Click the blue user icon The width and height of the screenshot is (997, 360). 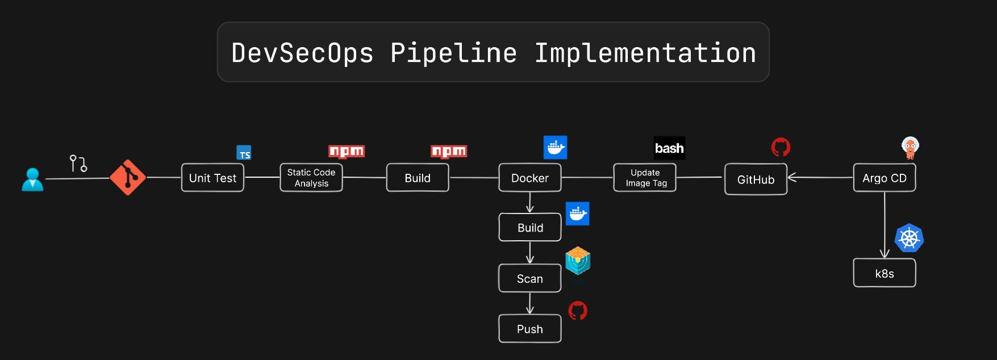pos(32,179)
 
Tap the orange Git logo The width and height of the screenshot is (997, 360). pos(128,177)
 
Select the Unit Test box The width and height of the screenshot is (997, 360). pos(212,178)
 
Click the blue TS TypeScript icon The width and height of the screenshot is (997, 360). pos(244,153)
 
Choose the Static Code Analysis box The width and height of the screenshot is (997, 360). pos(311,178)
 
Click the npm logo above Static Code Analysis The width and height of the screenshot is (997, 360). pos(347,151)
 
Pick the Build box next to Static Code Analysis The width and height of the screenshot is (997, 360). pos(418,178)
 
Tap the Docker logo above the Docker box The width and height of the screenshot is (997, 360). pos(555,148)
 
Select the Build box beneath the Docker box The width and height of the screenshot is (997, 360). pos(530,228)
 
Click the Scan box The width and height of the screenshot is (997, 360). pos(530,278)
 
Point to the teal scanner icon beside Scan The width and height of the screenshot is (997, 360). pos(578,261)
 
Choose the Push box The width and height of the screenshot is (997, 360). pos(530,329)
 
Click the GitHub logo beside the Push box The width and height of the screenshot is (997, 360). pos(578,311)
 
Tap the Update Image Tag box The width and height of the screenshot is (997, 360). pos(645,178)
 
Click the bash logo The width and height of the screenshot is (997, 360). pos(669,148)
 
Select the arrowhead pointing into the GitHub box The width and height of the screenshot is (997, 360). pos(792,178)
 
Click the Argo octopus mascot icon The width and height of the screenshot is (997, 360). pos(910,148)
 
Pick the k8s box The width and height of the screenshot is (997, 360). pos(885,273)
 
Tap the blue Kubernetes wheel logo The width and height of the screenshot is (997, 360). pos(909,238)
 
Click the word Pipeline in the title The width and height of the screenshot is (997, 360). pos(453,53)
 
